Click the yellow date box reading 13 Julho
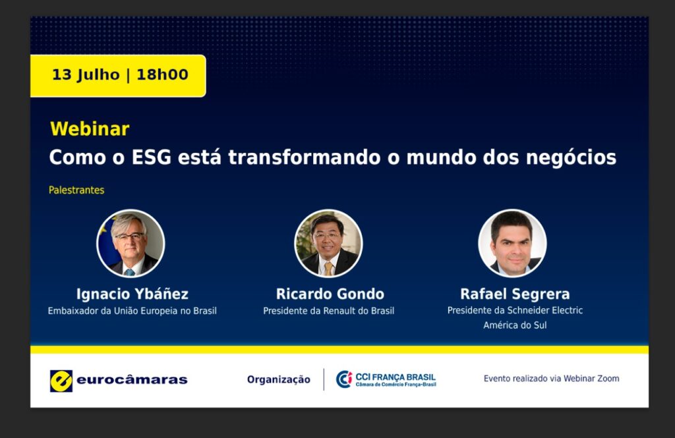(x=118, y=76)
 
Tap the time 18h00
(x=162, y=74)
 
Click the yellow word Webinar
(x=90, y=129)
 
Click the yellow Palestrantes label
(x=76, y=190)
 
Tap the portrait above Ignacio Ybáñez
(x=131, y=244)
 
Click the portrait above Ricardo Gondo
(x=328, y=244)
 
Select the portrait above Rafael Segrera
(x=512, y=244)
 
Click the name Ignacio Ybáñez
(x=132, y=294)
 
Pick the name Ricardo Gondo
(x=330, y=294)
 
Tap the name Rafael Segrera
(x=515, y=294)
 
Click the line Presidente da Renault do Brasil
(x=329, y=311)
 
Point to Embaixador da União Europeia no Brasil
(x=132, y=311)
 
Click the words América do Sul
(x=515, y=325)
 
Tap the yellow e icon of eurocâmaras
(x=61, y=381)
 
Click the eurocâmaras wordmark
(x=132, y=380)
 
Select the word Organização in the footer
(x=279, y=379)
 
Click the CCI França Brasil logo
(x=386, y=379)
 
